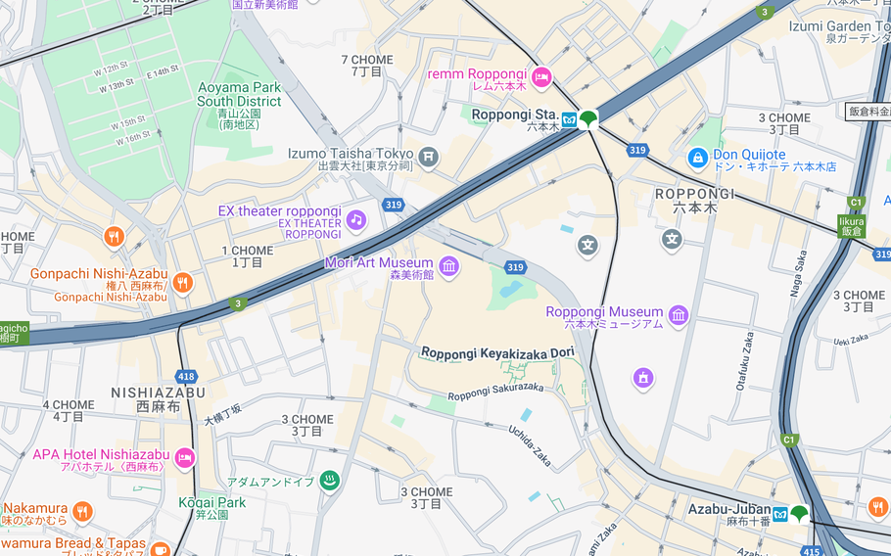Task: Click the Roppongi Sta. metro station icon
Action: (569, 119)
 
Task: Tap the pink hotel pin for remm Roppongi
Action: (541, 76)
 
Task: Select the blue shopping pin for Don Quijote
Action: (697, 157)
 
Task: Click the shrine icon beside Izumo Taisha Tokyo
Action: (428, 157)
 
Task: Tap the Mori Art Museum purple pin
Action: (448, 266)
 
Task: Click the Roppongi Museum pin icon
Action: (679, 315)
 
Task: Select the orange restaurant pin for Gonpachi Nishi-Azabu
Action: (182, 283)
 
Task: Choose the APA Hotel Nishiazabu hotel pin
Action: (184, 458)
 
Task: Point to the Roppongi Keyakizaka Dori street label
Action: (497, 352)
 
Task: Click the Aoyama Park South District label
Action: (239, 94)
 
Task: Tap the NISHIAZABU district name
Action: (158, 393)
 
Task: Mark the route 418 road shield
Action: (186, 376)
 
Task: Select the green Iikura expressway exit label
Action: (851, 226)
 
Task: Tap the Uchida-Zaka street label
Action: (530, 444)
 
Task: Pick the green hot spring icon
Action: (329, 481)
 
